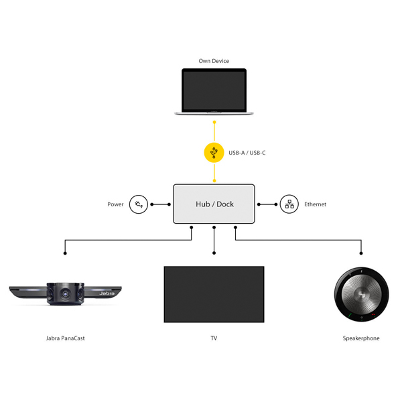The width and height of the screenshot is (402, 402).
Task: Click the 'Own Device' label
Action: (x=214, y=61)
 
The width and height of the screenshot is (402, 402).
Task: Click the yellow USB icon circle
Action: (x=214, y=153)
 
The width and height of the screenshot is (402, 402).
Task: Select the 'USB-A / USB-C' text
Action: (x=247, y=153)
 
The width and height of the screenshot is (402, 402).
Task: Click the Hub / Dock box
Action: (x=214, y=204)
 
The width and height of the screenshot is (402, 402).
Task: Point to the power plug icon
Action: (x=139, y=204)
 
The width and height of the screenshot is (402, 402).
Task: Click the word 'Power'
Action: (x=115, y=204)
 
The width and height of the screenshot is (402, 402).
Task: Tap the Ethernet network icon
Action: (x=289, y=204)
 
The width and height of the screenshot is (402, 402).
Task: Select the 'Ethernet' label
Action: (x=315, y=204)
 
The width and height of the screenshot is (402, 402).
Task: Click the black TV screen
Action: (x=214, y=294)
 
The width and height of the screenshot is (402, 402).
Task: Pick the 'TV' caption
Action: (x=214, y=338)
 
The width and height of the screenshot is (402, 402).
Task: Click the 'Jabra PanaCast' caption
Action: (x=65, y=338)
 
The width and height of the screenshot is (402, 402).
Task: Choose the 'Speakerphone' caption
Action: (x=361, y=338)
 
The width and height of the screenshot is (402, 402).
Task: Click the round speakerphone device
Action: (x=361, y=294)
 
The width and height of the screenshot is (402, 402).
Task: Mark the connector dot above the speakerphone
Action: (x=361, y=253)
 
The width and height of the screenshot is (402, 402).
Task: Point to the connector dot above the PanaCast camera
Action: (x=65, y=253)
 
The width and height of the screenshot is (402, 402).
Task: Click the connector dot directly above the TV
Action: (x=214, y=253)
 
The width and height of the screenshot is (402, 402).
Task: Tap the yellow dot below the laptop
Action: (x=214, y=123)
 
